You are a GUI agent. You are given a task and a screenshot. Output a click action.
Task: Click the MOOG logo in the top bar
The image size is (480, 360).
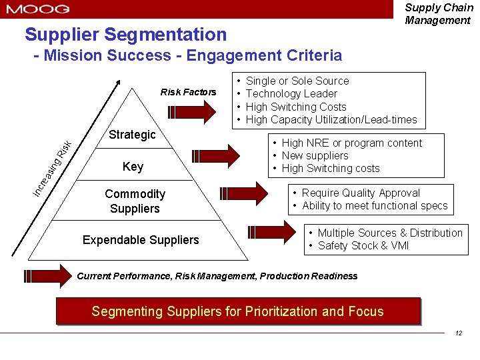click(38, 9)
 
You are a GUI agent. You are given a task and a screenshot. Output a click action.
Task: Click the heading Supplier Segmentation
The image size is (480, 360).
click(125, 34)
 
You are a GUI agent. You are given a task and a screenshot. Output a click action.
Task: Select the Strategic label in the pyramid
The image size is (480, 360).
click(132, 135)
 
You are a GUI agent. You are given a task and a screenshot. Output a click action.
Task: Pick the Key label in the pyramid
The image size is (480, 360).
click(133, 167)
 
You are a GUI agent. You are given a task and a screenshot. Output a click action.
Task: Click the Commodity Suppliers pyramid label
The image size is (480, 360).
click(135, 201)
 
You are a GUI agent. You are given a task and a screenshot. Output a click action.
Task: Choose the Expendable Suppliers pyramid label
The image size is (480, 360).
click(140, 240)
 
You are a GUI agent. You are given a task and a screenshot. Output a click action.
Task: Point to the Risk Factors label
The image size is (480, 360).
click(188, 92)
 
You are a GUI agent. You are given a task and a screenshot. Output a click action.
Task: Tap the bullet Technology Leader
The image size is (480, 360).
click(291, 94)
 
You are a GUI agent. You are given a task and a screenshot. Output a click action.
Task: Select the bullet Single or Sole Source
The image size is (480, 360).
click(297, 81)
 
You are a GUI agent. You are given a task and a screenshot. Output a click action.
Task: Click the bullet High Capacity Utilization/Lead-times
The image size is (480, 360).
click(331, 120)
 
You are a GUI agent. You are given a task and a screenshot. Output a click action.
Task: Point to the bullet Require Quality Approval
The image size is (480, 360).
click(361, 193)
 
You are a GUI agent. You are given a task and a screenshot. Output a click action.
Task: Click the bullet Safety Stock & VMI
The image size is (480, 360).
click(363, 246)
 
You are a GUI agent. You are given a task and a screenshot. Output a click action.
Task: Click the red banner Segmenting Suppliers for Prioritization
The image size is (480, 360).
click(238, 311)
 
